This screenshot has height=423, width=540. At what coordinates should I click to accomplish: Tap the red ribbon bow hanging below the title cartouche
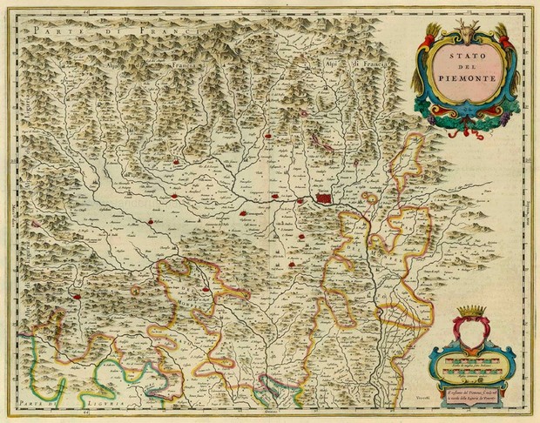pos(470,133)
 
